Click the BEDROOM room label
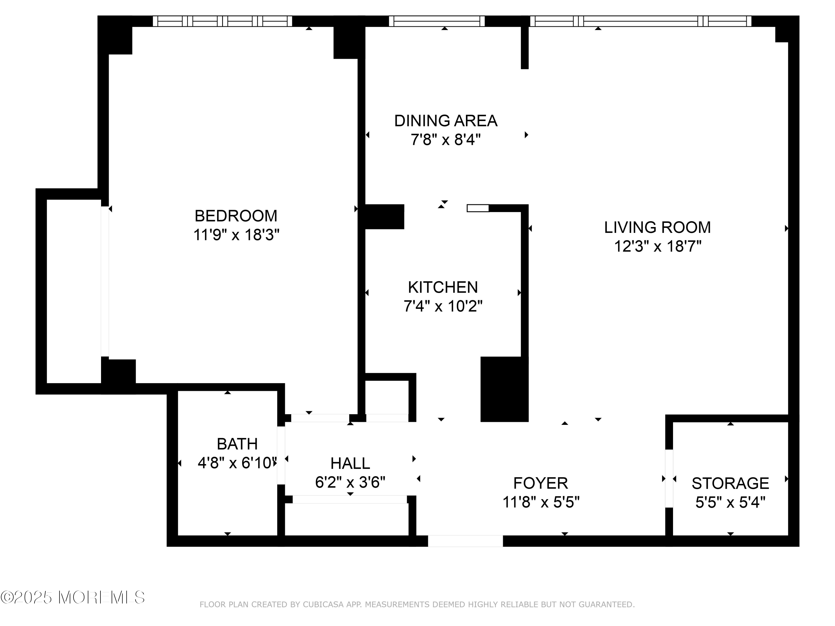pos(236,216)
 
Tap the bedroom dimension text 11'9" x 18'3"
pos(236,235)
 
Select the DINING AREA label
pos(446,121)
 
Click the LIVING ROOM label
pos(658,227)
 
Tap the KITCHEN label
pos(443,287)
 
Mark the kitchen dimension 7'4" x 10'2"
pos(443,306)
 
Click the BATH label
pos(237,444)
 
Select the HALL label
pos(350,463)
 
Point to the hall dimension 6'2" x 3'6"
pos(350,482)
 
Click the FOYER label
pos(541,483)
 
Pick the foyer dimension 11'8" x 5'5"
pos(541,502)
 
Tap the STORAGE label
pos(730,483)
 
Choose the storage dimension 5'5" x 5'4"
pos(730,502)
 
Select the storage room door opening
pos(669,479)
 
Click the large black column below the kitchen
pos(504,389)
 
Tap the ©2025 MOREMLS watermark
pos(73,597)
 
